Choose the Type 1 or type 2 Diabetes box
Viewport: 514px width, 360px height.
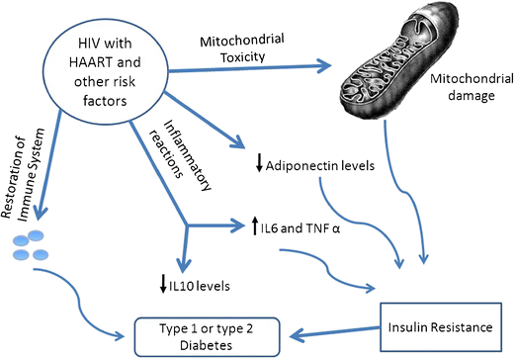(x=201, y=330)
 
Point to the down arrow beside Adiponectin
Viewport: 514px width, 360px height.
(x=258, y=165)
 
